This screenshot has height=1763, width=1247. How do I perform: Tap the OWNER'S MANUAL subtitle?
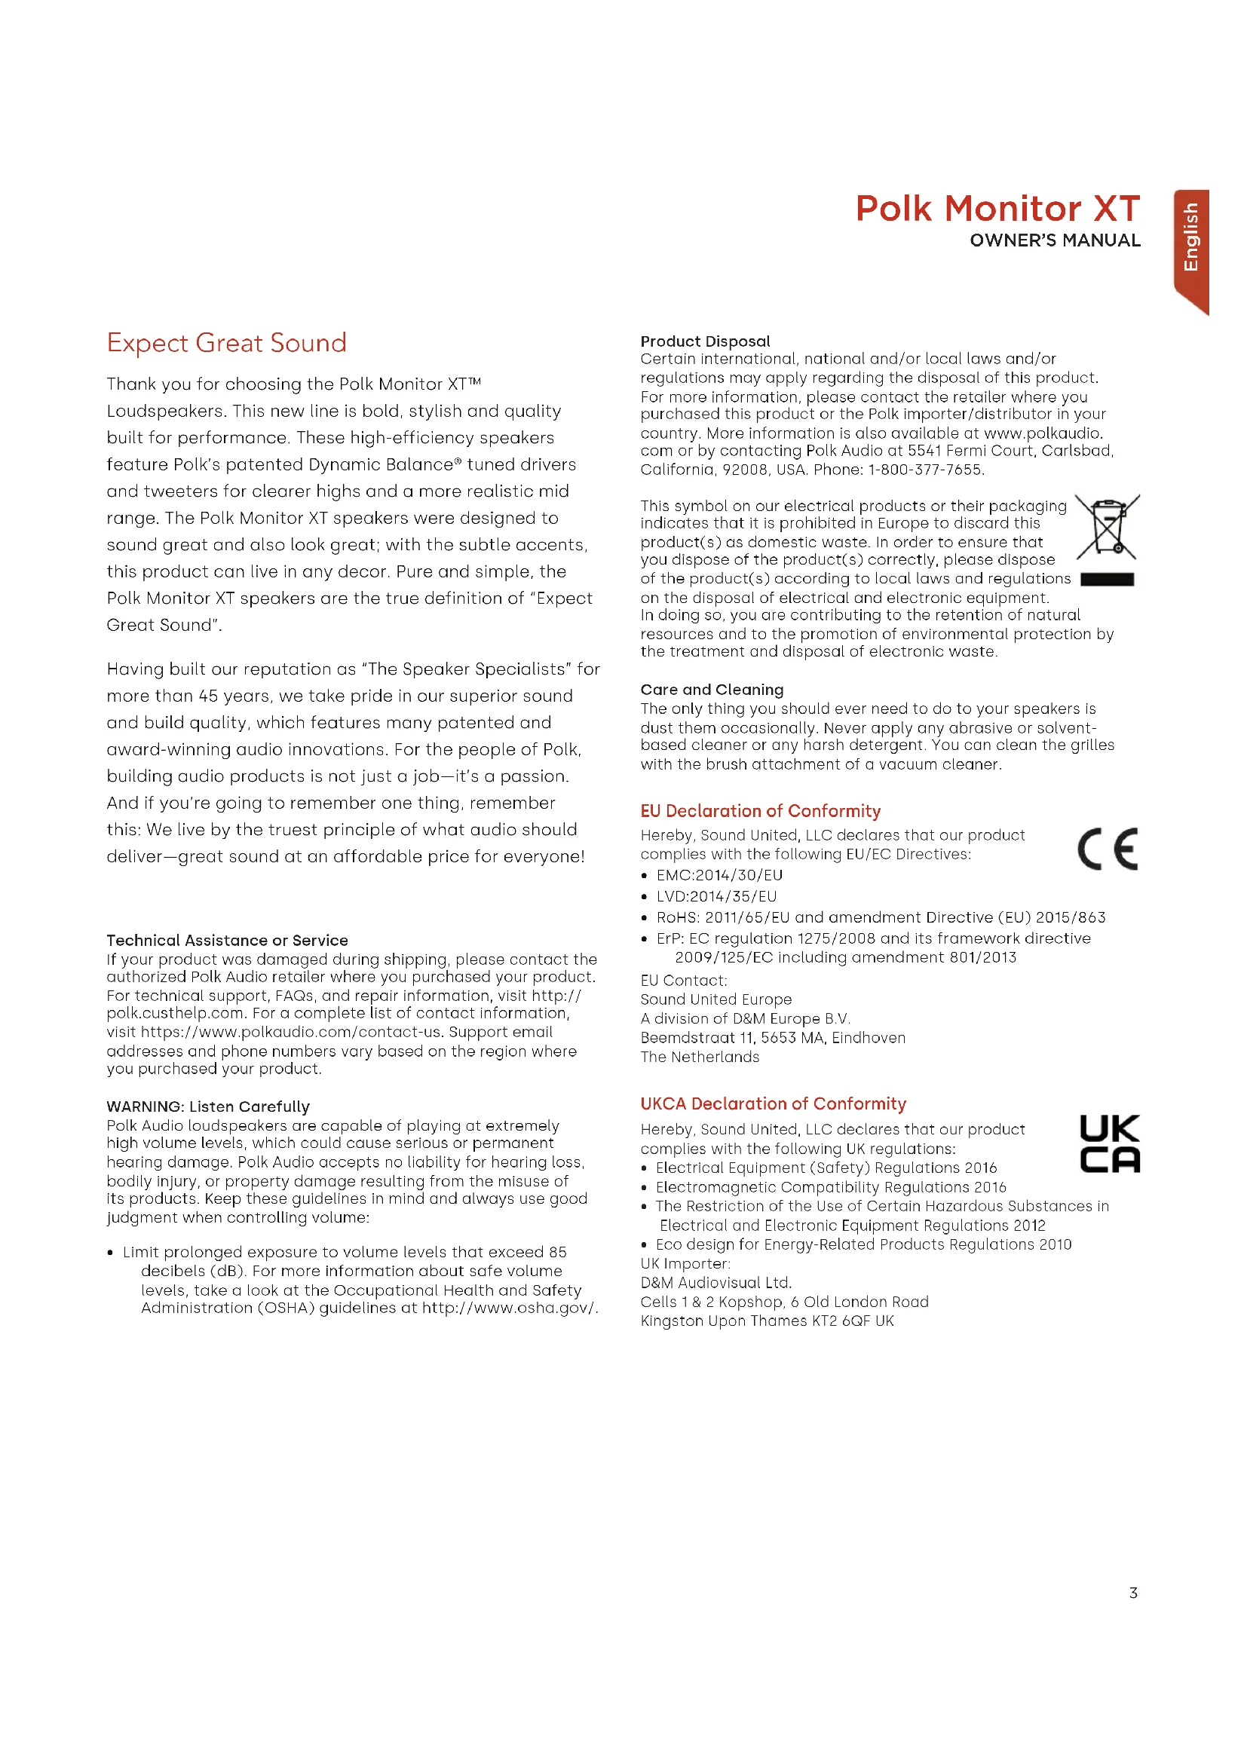(x=1054, y=240)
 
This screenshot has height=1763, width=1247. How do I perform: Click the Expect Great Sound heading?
(x=226, y=342)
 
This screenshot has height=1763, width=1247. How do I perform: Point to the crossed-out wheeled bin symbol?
(x=1107, y=527)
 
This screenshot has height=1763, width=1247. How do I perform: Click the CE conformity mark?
(x=1108, y=849)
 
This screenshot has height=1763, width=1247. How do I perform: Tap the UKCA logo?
(x=1109, y=1143)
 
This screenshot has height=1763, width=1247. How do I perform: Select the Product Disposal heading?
(x=705, y=341)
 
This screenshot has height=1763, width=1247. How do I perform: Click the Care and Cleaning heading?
(x=712, y=690)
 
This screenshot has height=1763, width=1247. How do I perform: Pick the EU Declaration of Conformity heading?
(x=760, y=811)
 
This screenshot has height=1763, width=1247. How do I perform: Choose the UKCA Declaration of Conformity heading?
(x=774, y=1103)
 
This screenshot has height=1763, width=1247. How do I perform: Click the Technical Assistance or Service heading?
(x=227, y=940)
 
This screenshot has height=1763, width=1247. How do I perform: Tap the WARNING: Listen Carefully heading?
(x=208, y=1106)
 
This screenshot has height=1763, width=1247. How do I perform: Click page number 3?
(x=1132, y=1593)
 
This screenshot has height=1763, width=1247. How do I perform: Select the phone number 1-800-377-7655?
(x=925, y=469)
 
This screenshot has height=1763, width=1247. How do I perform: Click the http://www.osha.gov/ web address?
(x=509, y=1307)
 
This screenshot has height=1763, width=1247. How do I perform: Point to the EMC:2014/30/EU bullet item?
(x=718, y=875)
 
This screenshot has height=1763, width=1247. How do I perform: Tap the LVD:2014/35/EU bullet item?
(x=715, y=896)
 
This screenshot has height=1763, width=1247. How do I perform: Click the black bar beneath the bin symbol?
(x=1107, y=580)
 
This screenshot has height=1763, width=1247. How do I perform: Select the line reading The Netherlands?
(x=700, y=1057)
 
